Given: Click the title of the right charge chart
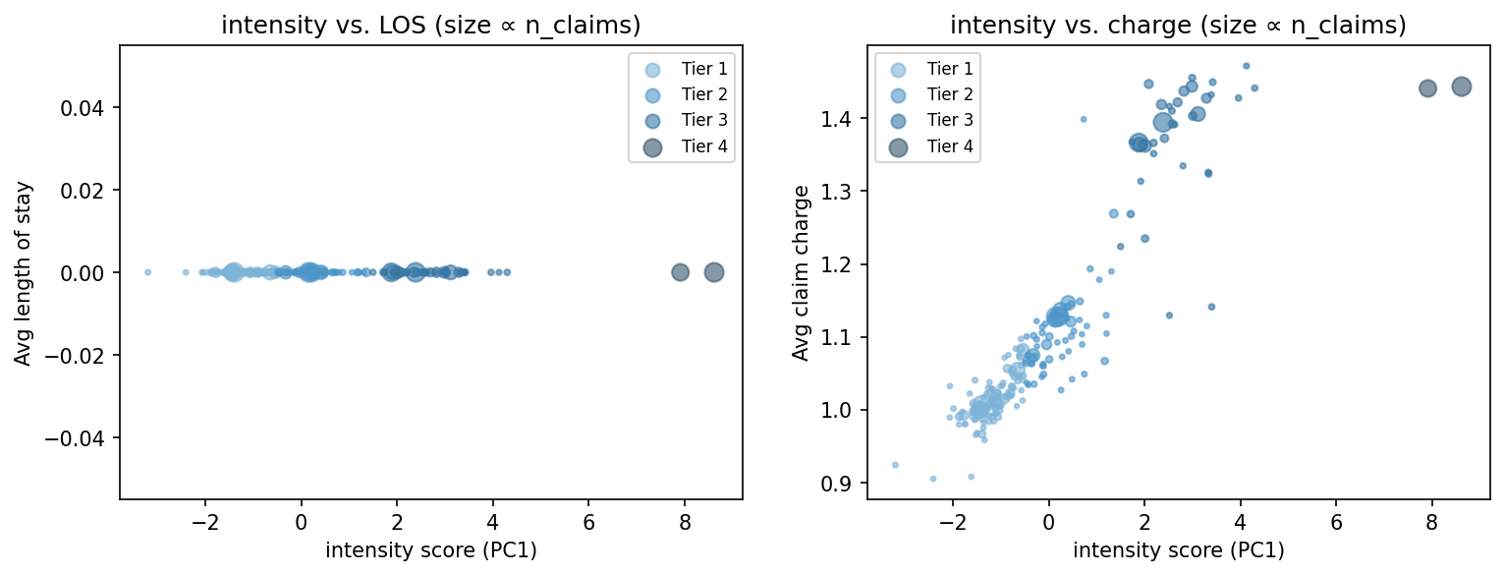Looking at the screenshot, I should [1178, 27].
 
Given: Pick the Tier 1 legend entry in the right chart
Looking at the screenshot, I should [947, 69].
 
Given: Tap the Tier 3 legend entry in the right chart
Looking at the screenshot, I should [947, 120].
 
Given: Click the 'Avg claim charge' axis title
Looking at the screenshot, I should [802, 273].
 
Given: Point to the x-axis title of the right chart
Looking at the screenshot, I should [1178, 550].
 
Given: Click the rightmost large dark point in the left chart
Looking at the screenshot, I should [714, 272].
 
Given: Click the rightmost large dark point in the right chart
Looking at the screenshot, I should [1461, 86].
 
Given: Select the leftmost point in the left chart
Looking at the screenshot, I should [147, 272].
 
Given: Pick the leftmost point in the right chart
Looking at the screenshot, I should [895, 465].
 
